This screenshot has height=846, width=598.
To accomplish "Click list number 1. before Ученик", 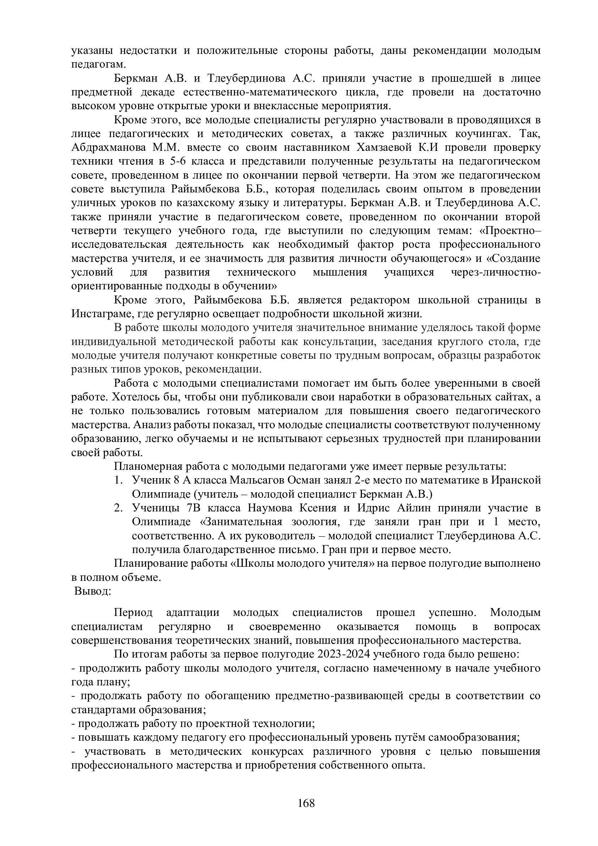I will (x=118, y=480).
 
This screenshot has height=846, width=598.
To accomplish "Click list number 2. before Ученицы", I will (x=118, y=508).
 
